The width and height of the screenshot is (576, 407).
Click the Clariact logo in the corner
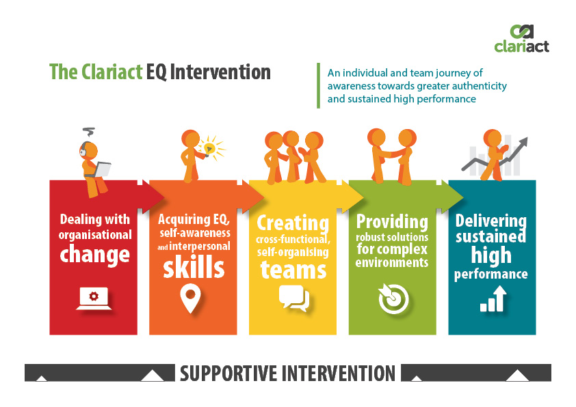pyautogui.click(x=522, y=38)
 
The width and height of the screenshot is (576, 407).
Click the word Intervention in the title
pyautogui.click(x=220, y=72)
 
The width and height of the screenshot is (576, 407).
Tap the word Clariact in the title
pyautogui.click(x=112, y=72)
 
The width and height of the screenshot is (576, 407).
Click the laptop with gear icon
pyautogui.click(x=94, y=298)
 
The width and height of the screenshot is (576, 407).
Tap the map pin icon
pyautogui.click(x=190, y=298)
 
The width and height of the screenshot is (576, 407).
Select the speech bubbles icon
pyautogui.click(x=294, y=298)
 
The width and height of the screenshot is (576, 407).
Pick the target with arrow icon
pyautogui.click(x=393, y=298)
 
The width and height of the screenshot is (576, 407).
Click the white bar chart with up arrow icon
pyautogui.click(x=493, y=299)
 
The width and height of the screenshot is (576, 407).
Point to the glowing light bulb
pyautogui.click(x=210, y=148)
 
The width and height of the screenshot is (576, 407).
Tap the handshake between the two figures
pyautogui.click(x=391, y=153)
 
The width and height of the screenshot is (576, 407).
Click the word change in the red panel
pyautogui.click(x=95, y=254)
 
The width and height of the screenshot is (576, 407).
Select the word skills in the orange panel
pyautogui.click(x=194, y=267)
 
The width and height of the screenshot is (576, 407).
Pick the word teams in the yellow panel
pyautogui.click(x=293, y=270)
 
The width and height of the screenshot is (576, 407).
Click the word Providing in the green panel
pyautogui.click(x=393, y=221)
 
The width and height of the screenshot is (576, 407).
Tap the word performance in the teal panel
pyautogui.click(x=490, y=274)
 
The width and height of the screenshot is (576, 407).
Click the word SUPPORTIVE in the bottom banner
pyautogui.click(x=228, y=374)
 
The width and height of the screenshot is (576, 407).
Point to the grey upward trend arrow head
pyautogui.click(x=523, y=141)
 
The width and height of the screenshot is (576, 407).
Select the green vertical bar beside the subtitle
pyautogui.click(x=318, y=86)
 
